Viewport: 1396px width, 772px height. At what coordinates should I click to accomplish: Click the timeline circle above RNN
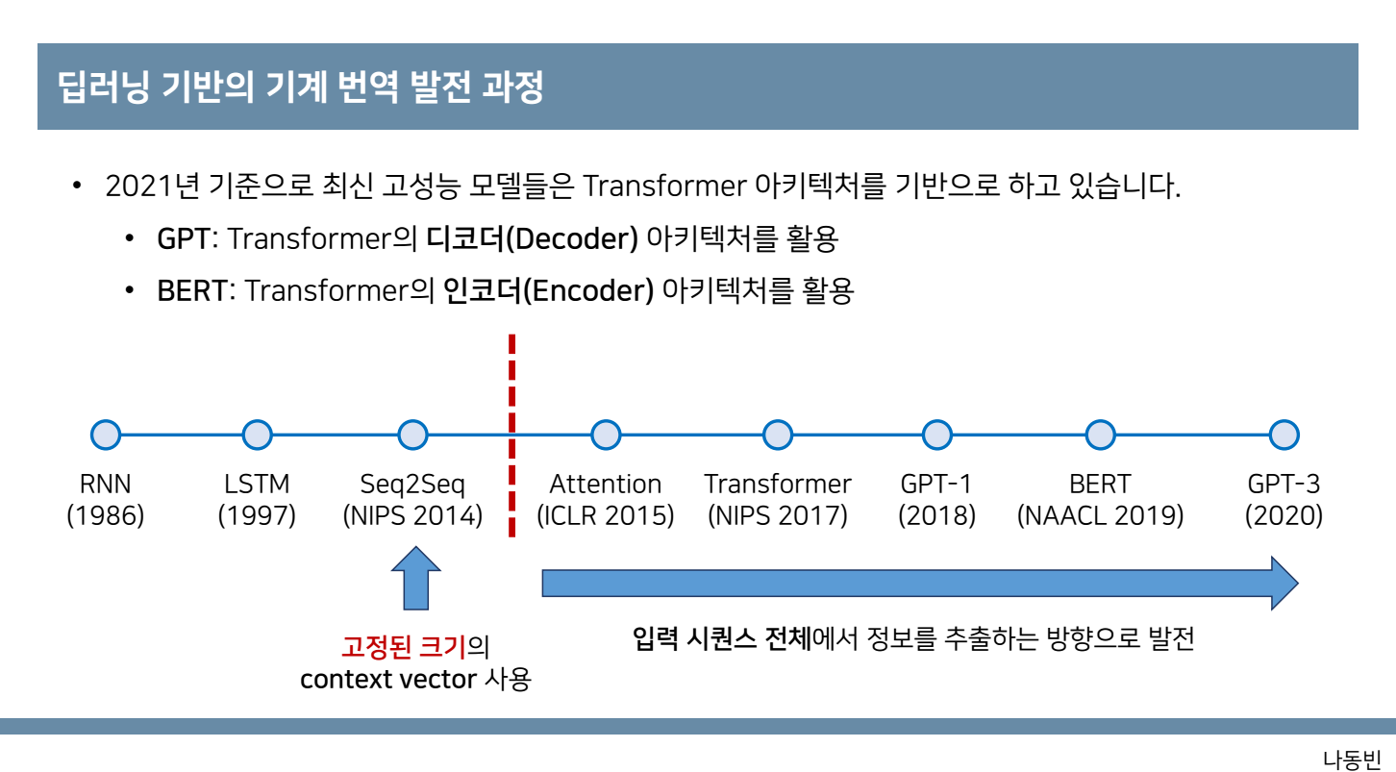click(x=106, y=436)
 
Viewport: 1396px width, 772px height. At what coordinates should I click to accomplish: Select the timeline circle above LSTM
click(x=257, y=436)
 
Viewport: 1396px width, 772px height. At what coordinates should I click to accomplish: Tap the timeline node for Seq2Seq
click(x=412, y=436)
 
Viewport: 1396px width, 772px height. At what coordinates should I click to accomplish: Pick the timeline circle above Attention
click(x=606, y=436)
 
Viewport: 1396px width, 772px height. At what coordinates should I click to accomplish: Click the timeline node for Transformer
click(x=778, y=436)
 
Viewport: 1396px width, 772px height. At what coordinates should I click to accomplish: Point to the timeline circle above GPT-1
click(x=936, y=436)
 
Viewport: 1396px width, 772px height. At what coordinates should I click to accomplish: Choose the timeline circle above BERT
click(x=1100, y=436)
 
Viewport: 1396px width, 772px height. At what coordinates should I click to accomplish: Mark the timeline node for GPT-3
click(x=1284, y=436)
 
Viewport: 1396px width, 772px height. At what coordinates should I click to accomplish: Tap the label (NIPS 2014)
click(x=412, y=516)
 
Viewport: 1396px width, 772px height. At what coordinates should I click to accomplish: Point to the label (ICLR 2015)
click(x=606, y=516)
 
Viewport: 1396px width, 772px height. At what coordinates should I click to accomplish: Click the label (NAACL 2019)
click(x=1100, y=516)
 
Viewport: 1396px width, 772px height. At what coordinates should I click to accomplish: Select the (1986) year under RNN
click(x=106, y=516)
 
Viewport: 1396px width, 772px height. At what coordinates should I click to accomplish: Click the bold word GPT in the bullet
click(x=183, y=239)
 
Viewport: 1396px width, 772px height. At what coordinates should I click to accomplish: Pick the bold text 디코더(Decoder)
click(x=532, y=239)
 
